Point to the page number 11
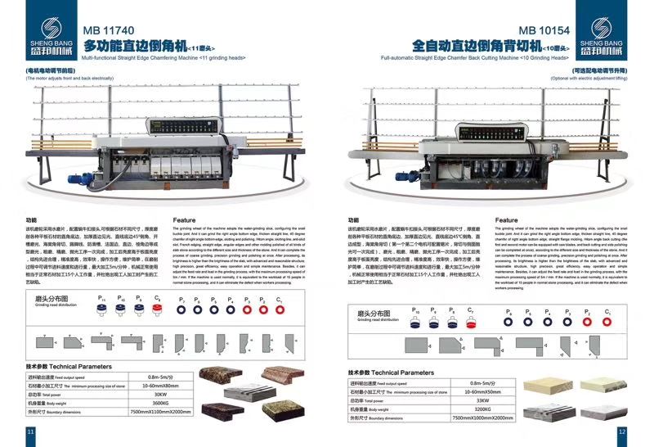[x=31, y=431]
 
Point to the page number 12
[x=622, y=431]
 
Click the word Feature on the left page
[x=186, y=220]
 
